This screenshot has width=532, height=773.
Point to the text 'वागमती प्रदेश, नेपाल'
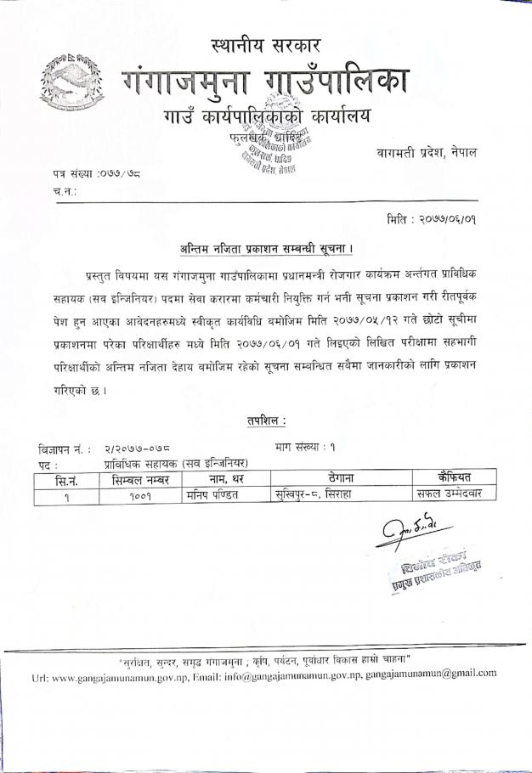[426, 152]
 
